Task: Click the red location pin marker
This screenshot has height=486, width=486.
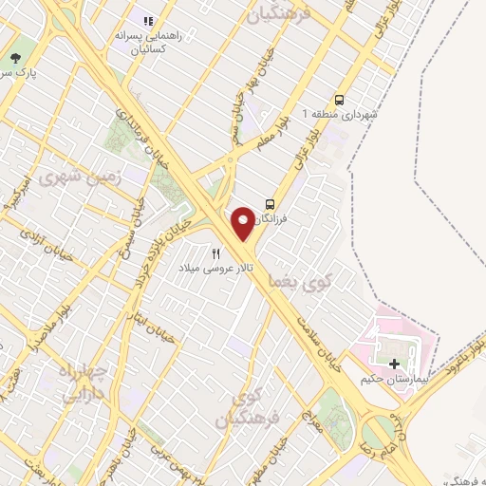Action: [243, 222]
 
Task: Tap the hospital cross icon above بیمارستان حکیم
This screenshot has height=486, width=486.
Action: [395, 364]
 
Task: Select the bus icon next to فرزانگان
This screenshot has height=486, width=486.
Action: [271, 204]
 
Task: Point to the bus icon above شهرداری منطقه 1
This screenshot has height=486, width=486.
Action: [339, 99]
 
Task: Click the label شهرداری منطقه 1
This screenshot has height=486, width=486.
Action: [339, 114]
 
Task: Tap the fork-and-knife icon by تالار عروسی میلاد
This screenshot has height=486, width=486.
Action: [216, 253]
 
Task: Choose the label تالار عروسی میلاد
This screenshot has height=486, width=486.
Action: [216, 269]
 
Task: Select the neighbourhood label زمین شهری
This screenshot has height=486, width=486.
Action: [65, 177]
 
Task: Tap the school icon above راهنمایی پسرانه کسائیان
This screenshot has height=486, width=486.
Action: [147, 20]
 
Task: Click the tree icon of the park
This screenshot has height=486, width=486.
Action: [14, 58]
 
